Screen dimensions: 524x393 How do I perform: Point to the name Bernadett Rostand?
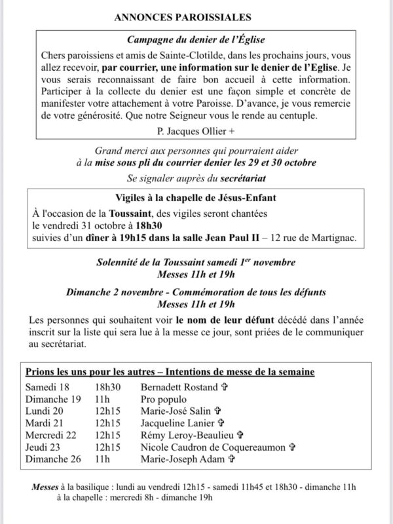[176, 387]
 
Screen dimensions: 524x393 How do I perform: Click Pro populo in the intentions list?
[163, 399]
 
